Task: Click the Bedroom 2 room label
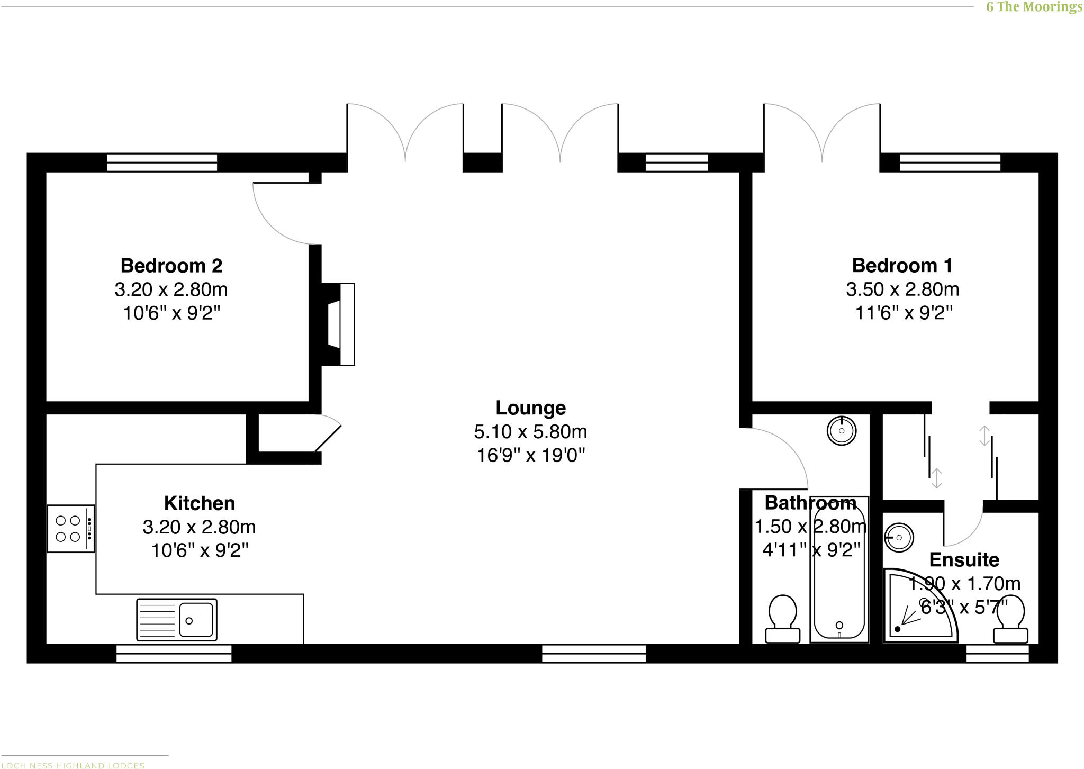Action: click(x=171, y=265)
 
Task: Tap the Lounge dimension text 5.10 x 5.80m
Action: click(x=530, y=432)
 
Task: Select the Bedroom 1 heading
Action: click(x=902, y=265)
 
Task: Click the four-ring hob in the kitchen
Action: click(x=71, y=529)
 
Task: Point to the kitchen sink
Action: click(x=177, y=619)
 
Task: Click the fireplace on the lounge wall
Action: click(x=339, y=324)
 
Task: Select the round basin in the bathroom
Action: click(x=842, y=430)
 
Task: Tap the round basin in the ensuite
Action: click(x=899, y=538)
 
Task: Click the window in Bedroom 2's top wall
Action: click(x=162, y=162)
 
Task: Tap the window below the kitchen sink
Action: click(x=174, y=654)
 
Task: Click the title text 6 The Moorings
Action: click(x=1034, y=7)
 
